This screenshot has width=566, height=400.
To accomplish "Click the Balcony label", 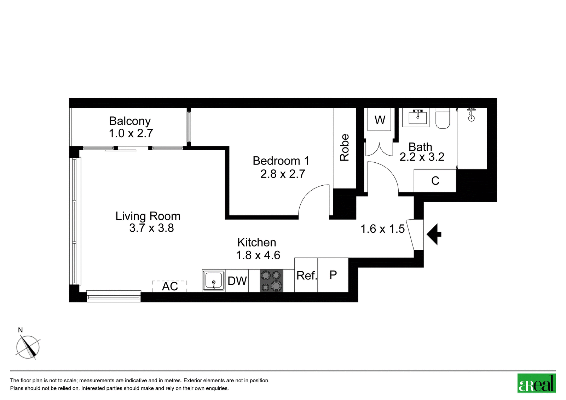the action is pyautogui.click(x=130, y=121).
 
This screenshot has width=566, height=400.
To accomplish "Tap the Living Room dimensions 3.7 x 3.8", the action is pyautogui.click(x=151, y=228).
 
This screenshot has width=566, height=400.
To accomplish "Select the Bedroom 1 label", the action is pyautogui.click(x=281, y=161).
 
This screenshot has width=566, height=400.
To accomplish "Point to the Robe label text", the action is pyautogui.click(x=345, y=147).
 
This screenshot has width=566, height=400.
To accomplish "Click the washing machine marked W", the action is pyautogui.click(x=379, y=119).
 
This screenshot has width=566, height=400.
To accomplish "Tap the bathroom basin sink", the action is pyautogui.click(x=417, y=117).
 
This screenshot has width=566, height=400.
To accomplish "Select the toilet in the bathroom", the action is pyautogui.click(x=443, y=118).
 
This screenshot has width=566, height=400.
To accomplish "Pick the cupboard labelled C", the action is pyautogui.click(x=435, y=181).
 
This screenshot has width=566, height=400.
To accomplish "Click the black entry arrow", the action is pyautogui.click(x=434, y=234).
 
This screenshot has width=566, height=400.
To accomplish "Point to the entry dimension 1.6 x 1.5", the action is pyautogui.click(x=382, y=229).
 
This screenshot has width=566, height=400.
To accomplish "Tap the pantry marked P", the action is pyautogui.click(x=333, y=275).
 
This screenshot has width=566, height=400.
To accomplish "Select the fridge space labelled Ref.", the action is pyautogui.click(x=306, y=275).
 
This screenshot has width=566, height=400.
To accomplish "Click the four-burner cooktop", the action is pyautogui.click(x=271, y=281).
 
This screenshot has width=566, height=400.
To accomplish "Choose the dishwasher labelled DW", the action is pyautogui.click(x=237, y=281).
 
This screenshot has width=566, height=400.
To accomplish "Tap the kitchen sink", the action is pyautogui.click(x=214, y=281).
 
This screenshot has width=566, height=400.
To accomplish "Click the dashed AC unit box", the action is pyautogui.click(x=169, y=286).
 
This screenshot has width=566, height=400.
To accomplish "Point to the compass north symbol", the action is pyautogui.click(x=28, y=347).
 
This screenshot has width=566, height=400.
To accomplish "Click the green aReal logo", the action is pyautogui.click(x=536, y=383).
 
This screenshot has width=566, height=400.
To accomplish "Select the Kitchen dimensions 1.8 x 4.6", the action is pyautogui.click(x=258, y=255).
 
